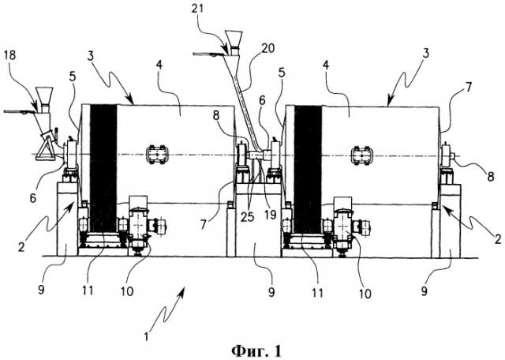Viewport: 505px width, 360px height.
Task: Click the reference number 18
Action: [x=10, y=55]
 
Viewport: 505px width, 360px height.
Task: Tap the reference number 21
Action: [x=197, y=9]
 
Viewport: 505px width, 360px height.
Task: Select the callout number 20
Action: [x=268, y=48]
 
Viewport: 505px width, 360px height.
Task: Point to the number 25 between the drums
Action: [x=247, y=217]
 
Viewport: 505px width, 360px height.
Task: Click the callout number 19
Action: [x=270, y=215]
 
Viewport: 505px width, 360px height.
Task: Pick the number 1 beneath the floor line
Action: [x=147, y=337]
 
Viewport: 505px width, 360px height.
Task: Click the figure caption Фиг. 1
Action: [x=256, y=351]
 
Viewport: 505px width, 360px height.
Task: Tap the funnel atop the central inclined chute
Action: [x=234, y=39]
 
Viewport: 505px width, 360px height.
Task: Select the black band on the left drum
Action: [x=103, y=168]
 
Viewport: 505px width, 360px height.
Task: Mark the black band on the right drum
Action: [x=308, y=170]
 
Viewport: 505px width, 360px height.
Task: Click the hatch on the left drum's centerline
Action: [x=157, y=155]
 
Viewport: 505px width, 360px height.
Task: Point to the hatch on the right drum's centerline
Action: [x=361, y=156]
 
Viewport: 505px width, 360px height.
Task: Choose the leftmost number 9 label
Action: [x=41, y=290]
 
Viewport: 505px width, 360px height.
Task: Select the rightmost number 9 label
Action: [x=425, y=291]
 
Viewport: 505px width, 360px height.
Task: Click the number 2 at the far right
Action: [x=498, y=239]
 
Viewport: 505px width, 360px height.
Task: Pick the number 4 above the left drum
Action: [x=159, y=65]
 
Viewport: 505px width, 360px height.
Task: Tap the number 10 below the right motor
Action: [x=365, y=293]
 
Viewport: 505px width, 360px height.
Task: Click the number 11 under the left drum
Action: [x=88, y=291]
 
